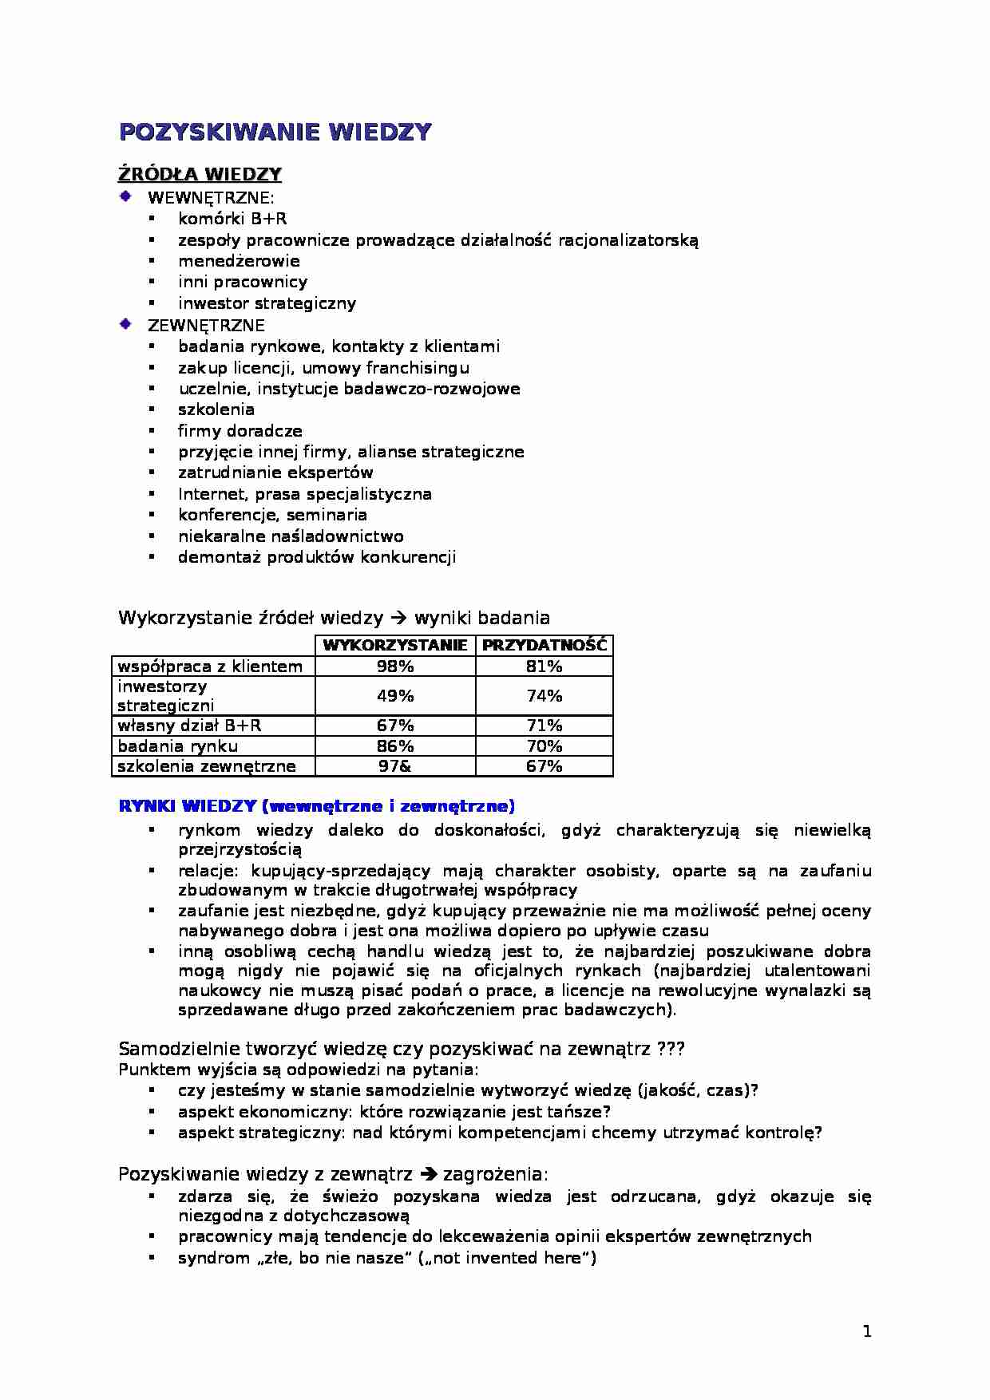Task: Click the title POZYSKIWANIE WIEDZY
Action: [x=275, y=132]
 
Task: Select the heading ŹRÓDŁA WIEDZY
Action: [x=200, y=175]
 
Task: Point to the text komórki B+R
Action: [x=232, y=219]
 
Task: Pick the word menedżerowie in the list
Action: [x=239, y=261]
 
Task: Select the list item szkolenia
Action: [x=216, y=409]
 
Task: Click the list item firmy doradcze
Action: [x=240, y=431]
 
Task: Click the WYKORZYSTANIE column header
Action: [x=395, y=646]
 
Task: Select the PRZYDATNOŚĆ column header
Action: [x=544, y=646]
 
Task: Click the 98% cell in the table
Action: [x=395, y=666]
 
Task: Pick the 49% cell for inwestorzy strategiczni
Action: [x=395, y=696]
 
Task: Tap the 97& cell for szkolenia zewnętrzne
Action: [x=395, y=766]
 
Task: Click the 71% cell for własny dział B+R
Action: [x=544, y=726]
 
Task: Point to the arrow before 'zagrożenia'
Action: [x=428, y=1174]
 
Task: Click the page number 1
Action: [x=867, y=1331]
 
